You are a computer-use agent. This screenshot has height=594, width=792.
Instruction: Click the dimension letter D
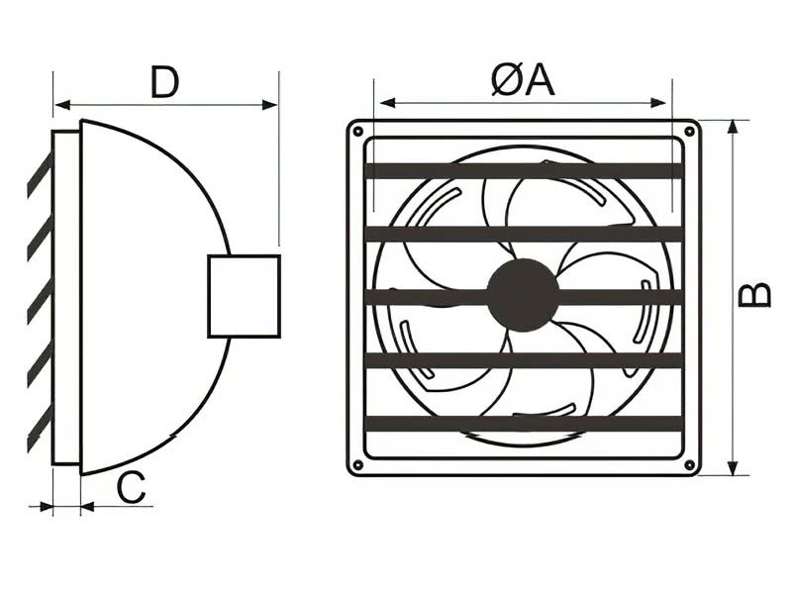(165, 82)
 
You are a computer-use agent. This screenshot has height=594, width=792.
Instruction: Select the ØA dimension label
(523, 80)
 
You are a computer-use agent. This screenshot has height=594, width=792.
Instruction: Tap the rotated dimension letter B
(755, 295)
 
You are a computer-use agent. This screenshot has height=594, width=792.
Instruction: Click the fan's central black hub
(523, 295)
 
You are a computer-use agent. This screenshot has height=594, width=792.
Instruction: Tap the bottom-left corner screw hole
(357, 465)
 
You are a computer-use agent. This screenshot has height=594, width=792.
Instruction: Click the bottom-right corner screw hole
(689, 465)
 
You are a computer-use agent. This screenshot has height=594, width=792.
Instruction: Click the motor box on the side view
(244, 296)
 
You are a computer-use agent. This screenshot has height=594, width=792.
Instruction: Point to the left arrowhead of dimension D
(59, 104)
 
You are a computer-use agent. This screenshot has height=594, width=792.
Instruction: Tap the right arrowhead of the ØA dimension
(665, 102)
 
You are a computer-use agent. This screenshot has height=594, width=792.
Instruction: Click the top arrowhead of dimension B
(733, 126)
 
